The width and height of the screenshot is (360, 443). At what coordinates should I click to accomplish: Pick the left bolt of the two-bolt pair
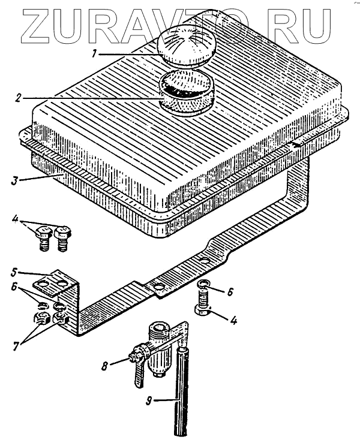click(44, 238)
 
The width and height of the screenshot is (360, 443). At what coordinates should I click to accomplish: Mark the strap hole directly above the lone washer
click(205, 261)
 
